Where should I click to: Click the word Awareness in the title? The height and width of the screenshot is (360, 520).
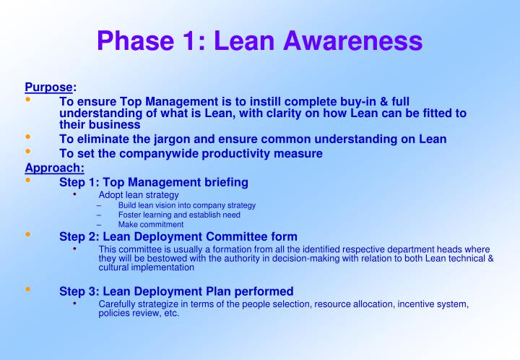pos(352,40)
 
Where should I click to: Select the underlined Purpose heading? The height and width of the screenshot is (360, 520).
pos(48,87)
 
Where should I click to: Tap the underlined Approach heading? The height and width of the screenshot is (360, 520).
pos(54,168)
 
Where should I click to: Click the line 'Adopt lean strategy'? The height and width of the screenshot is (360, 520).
pos(139,195)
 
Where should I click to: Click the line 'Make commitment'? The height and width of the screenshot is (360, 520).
pos(151,224)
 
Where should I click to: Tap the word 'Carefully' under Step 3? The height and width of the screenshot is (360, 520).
pos(118,304)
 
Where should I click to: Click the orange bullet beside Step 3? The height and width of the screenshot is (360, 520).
pos(28,289)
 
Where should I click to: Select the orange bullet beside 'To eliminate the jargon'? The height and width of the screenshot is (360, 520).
pos(28,137)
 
